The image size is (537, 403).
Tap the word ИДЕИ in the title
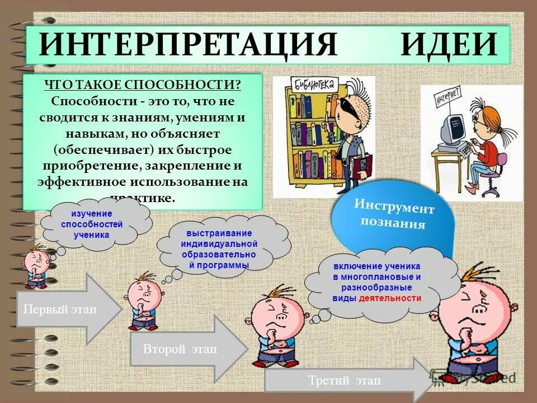pyautogui.click(x=448, y=44)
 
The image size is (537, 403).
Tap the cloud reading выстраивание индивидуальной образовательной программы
pyautogui.click(x=219, y=249)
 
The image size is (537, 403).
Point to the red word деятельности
pyautogui.click(x=390, y=298)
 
